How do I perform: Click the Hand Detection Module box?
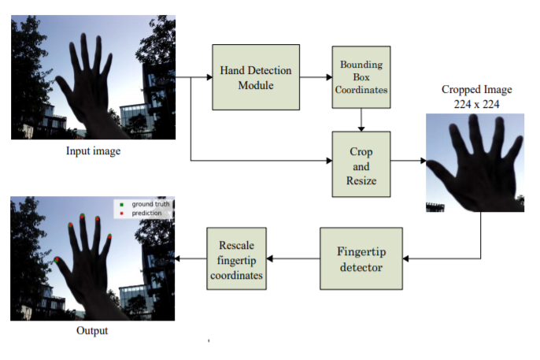[256, 77]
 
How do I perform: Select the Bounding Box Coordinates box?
[361, 77]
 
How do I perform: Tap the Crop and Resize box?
[361, 165]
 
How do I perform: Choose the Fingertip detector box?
[361, 258]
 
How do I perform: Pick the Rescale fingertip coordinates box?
[237, 258]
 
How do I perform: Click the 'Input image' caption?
[94, 151]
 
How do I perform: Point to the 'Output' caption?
[92, 330]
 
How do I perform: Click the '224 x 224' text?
[477, 104]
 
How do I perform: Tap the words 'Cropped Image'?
[477, 90]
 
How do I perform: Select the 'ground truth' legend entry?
[145, 204]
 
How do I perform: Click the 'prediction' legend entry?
[141, 213]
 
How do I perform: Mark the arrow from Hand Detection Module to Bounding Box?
[316, 77]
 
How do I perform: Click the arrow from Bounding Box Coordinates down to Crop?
[361, 120]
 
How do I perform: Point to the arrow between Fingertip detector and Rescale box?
[293, 258]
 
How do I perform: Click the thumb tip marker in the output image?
[57, 260]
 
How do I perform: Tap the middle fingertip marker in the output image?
[83, 217]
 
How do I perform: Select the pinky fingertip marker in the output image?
[109, 236]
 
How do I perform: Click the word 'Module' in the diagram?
[256, 85]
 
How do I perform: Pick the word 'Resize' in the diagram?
[361, 180]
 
